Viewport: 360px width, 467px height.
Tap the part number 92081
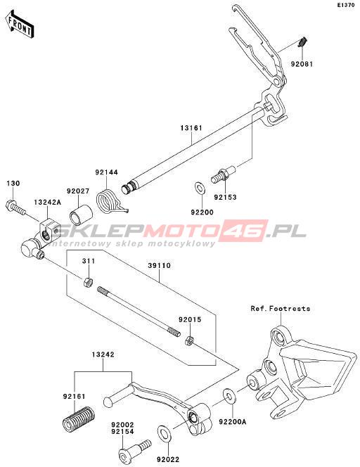(302, 64)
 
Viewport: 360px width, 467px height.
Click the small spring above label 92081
(302, 42)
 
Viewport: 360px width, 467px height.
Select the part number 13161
(191, 128)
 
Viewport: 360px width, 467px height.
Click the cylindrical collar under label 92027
(81, 212)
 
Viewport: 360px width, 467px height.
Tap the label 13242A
(47, 203)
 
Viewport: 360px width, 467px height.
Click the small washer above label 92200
(199, 188)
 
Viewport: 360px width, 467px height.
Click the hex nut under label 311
(88, 282)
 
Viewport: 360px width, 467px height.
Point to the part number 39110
(160, 265)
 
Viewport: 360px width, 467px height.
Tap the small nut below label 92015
(189, 340)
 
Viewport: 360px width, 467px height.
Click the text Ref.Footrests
(281, 309)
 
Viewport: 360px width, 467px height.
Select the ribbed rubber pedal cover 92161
(79, 418)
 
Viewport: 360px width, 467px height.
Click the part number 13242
(103, 354)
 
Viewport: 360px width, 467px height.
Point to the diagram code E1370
(346, 5)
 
